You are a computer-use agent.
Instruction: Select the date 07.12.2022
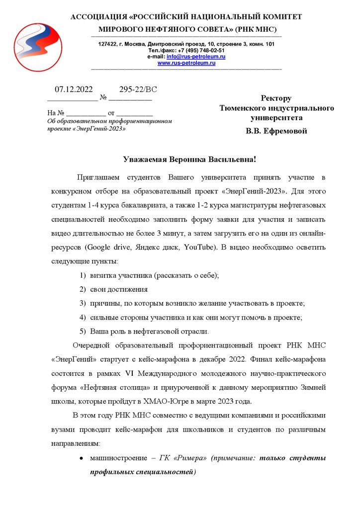[74, 89]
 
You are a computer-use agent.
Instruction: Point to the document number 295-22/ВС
[138, 89]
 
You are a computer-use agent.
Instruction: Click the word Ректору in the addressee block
[276, 98]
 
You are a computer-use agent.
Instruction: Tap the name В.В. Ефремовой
[276, 131]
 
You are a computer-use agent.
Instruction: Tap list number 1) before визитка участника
[84, 275]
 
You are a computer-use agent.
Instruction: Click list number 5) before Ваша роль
[84, 331]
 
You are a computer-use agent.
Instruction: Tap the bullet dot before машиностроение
[81, 457]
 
